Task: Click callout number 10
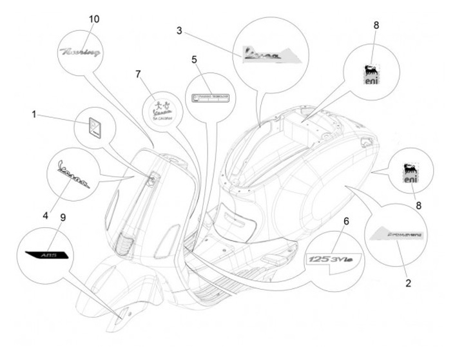pos(94,19)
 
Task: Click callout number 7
pos(137,73)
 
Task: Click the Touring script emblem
pos(81,53)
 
